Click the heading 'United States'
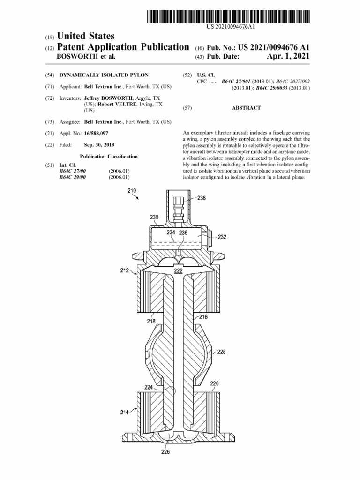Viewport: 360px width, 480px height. click(x=85, y=36)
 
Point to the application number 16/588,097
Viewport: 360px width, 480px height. click(x=97, y=134)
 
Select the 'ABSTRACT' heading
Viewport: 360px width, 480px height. click(x=246, y=108)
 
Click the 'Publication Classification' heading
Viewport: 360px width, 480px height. click(x=109, y=157)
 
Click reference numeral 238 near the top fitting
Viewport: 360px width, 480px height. click(x=201, y=198)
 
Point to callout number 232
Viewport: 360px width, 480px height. click(x=222, y=237)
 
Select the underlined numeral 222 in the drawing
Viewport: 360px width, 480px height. click(x=178, y=271)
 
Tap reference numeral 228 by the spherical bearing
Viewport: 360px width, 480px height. click(x=222, y=352)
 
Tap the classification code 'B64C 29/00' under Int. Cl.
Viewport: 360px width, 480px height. click(x=71, y=177)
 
